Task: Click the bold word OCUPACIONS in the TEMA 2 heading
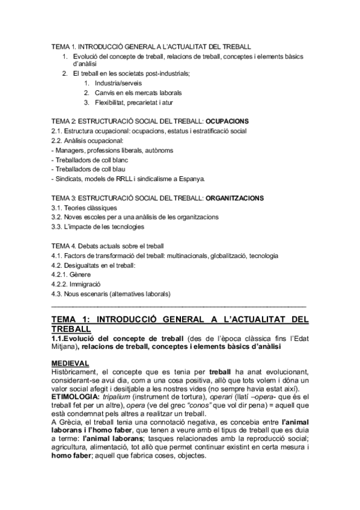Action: [x=227, y=121]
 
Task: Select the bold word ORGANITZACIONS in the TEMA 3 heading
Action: [x=234, y=198]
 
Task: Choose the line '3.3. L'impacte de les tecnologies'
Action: [x=97, y=227]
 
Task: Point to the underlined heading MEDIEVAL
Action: [x=70, y=363]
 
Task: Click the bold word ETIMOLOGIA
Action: [x=75, y=398]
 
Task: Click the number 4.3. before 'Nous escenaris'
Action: [x=58, y=293]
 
